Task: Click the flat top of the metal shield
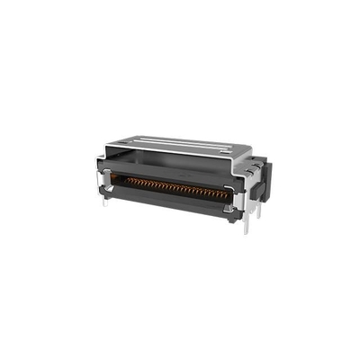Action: tap(180, 150)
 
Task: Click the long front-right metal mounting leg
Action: tap(245, 222)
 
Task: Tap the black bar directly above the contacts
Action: tap(175, 177)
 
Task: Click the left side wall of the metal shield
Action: tap(102, 171)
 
